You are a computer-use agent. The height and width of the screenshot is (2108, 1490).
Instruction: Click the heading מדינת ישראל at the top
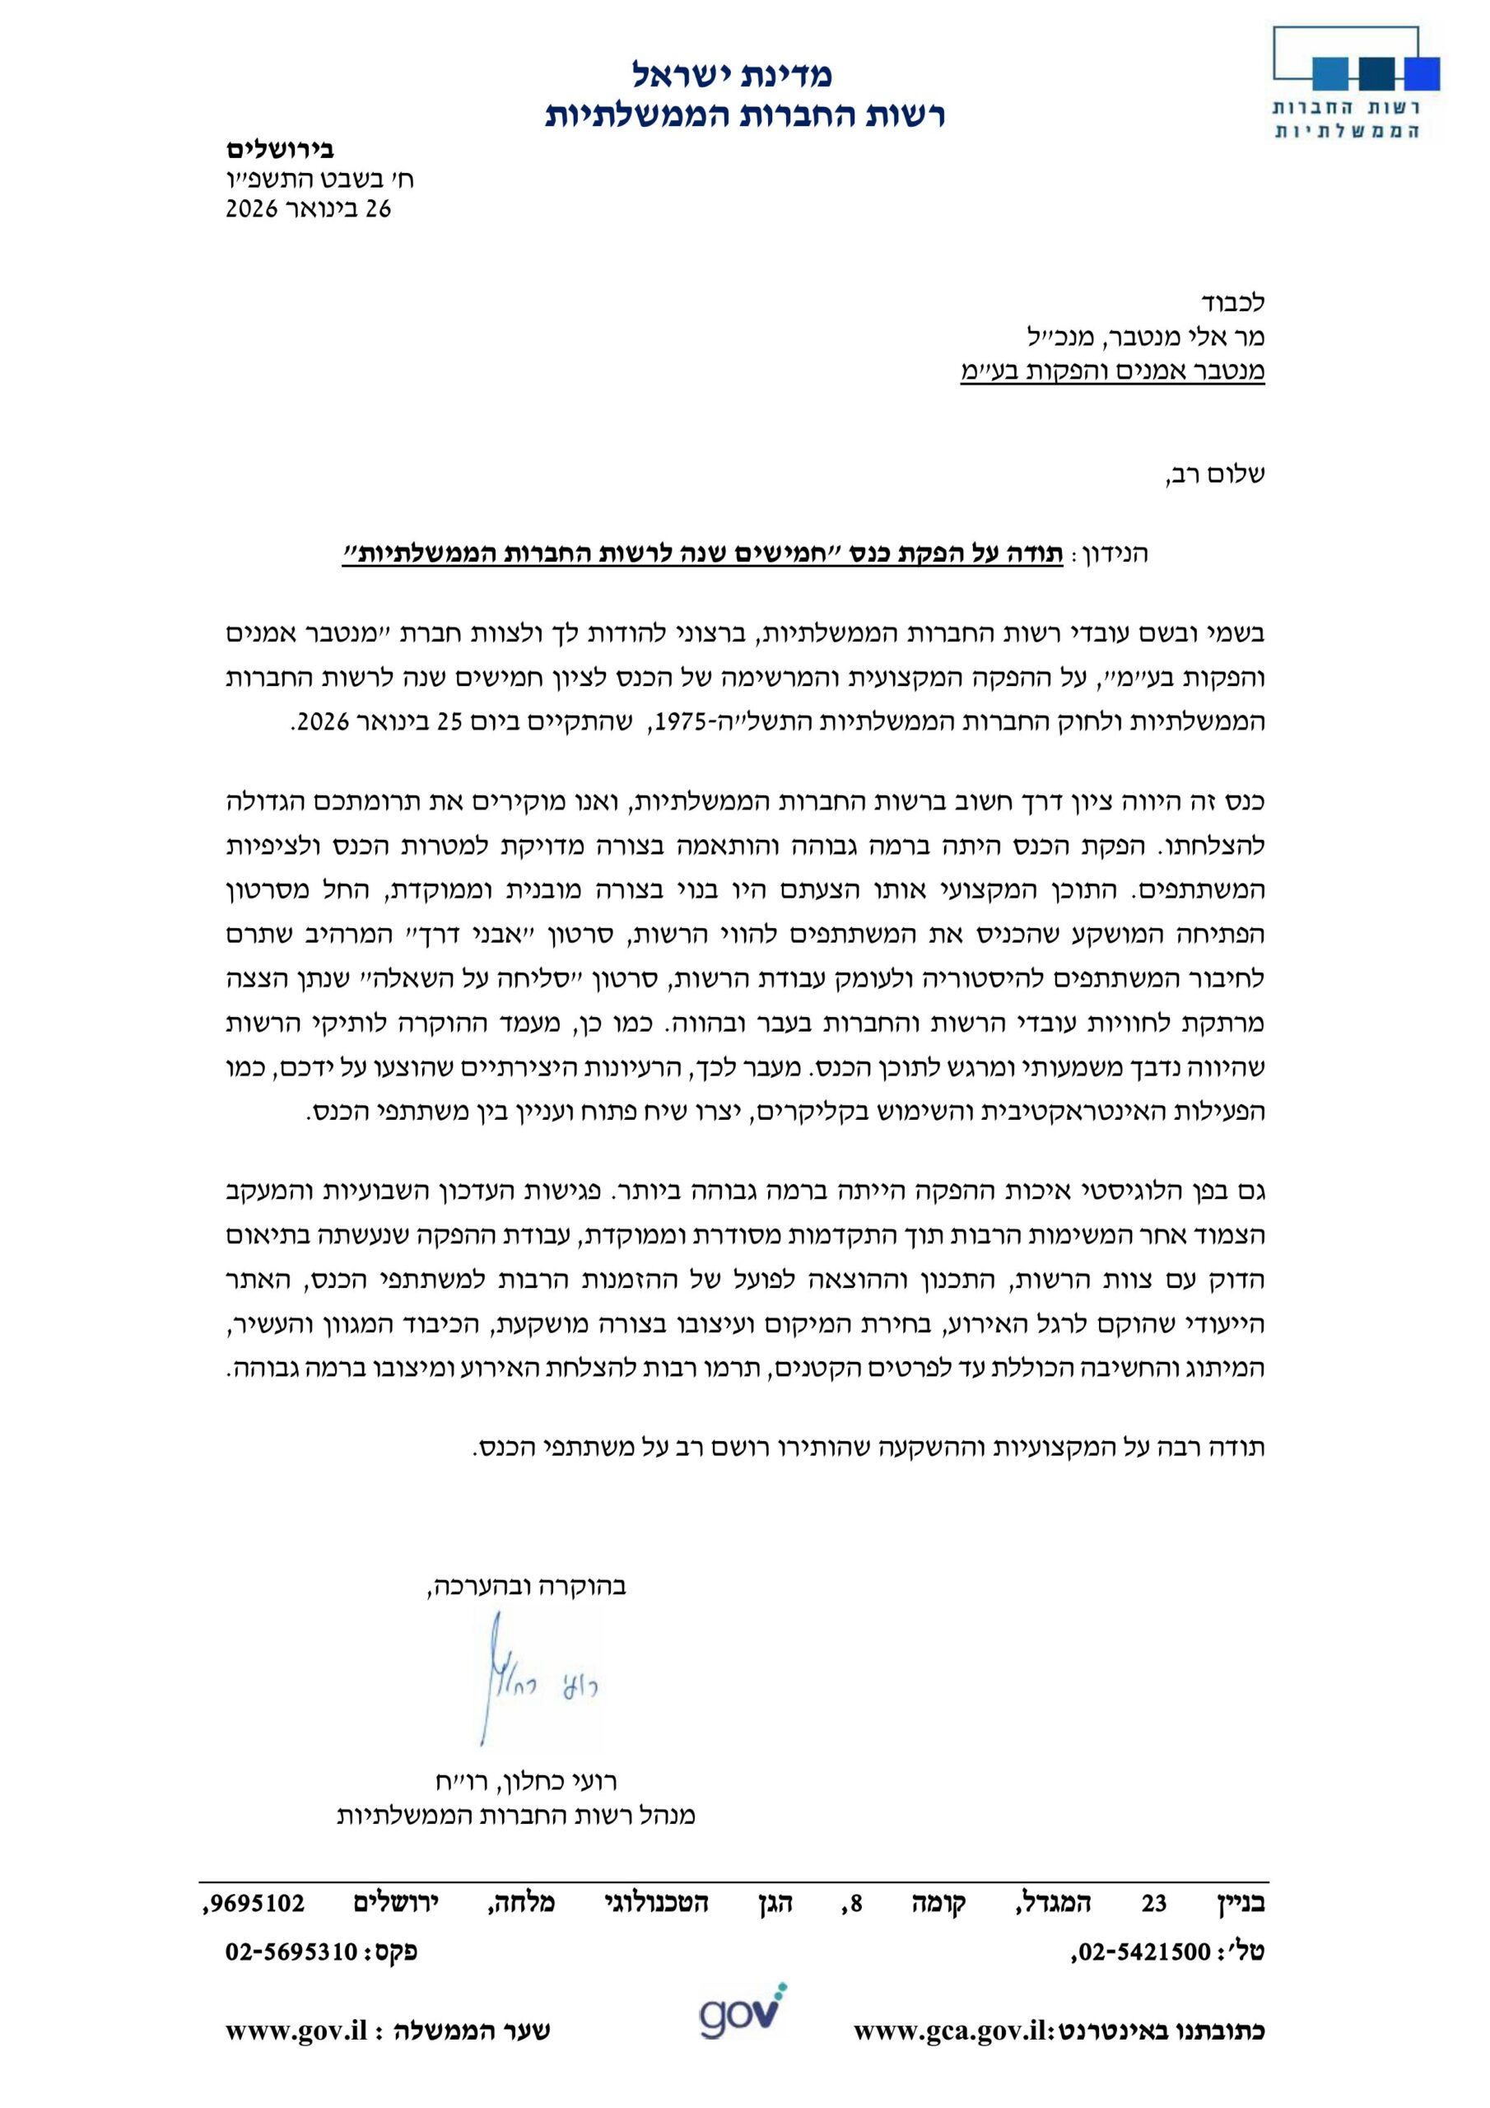click(x=732, y=73)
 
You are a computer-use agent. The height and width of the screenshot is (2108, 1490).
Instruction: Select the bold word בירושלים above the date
click(x=280, y=149)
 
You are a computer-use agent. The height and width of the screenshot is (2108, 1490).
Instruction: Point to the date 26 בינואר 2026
click(x=309, y=208)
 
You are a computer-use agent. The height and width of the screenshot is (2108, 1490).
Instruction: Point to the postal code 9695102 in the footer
click(x=254, y=1903)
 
